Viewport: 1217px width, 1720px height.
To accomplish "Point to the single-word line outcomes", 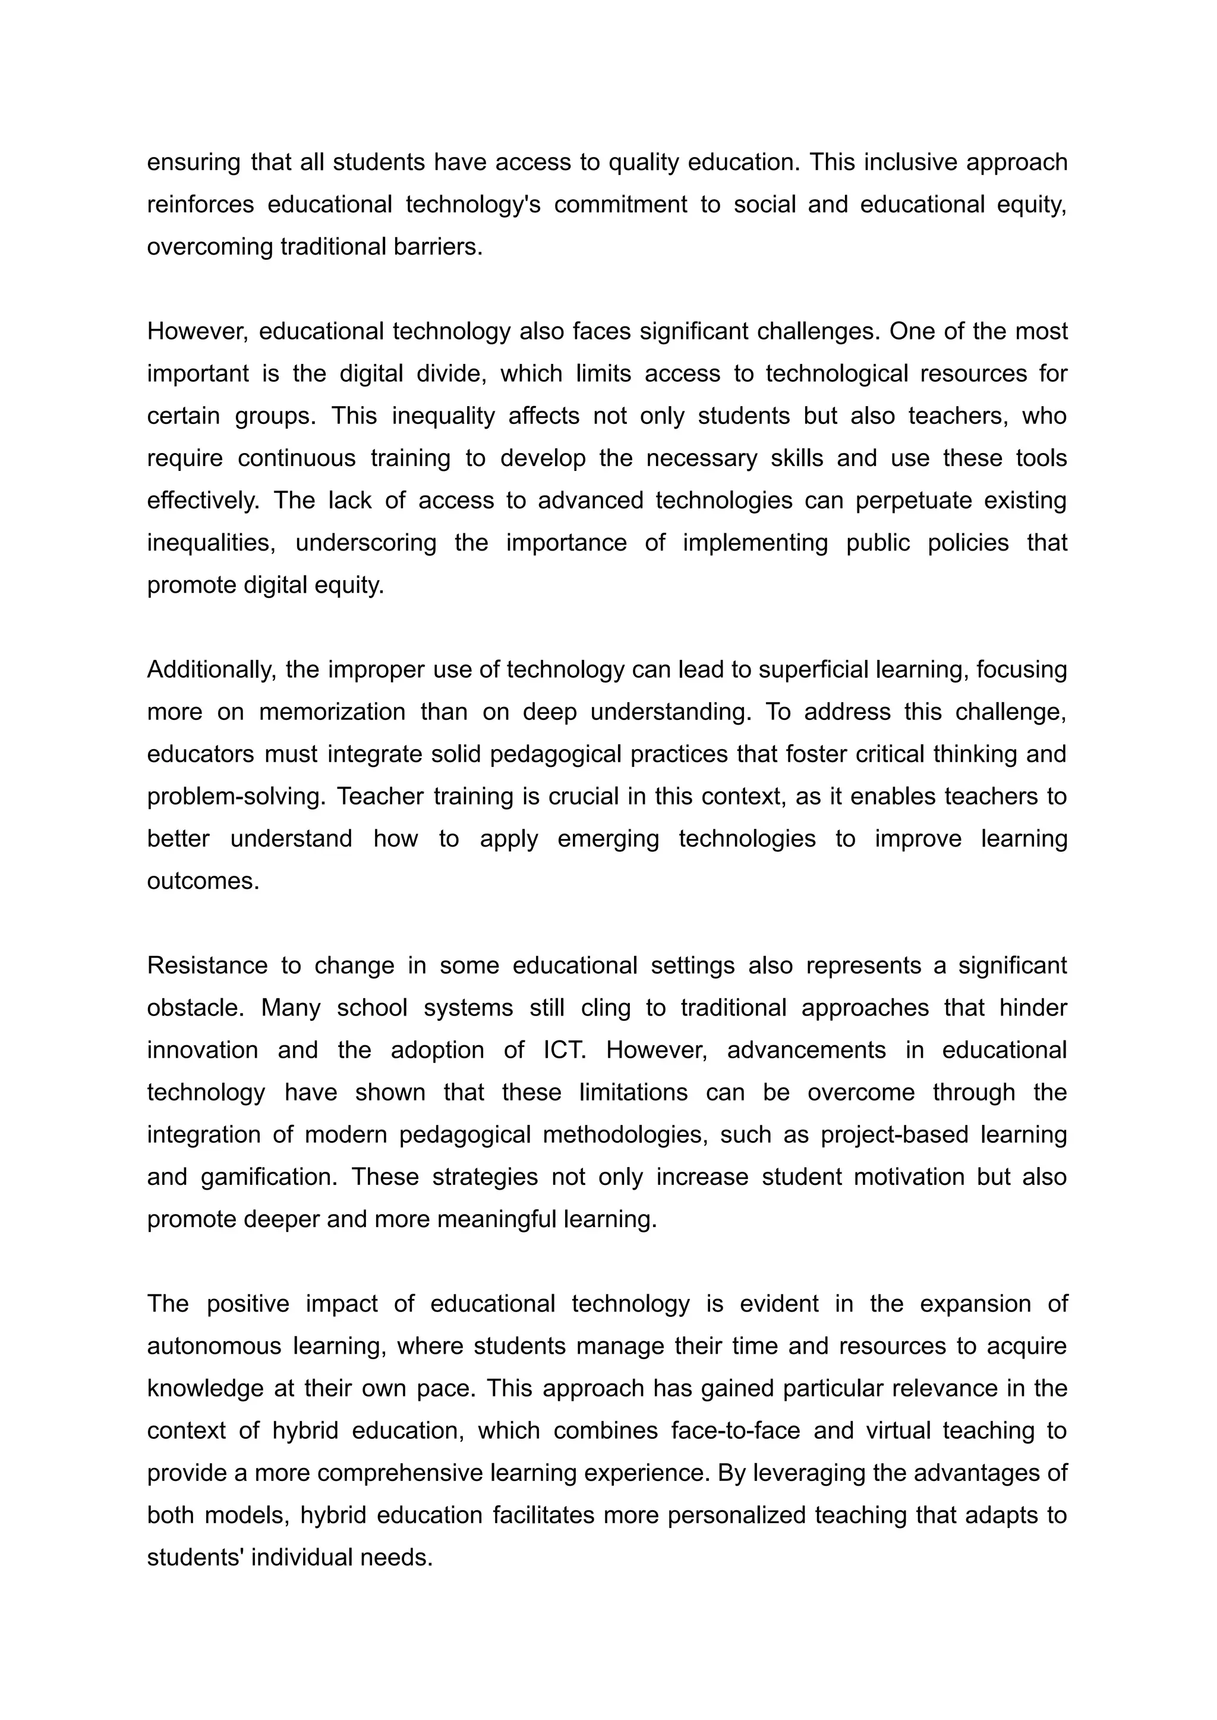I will (x=202, y=882).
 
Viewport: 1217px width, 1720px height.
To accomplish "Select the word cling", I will (x=606, y=1008).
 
